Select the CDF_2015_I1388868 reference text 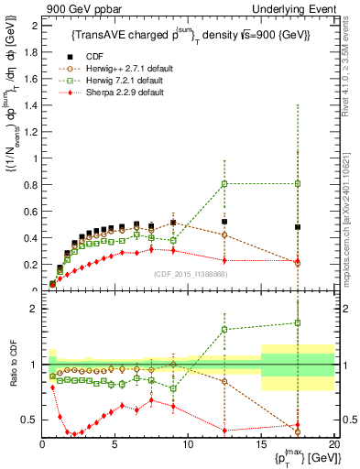(188, 273)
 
